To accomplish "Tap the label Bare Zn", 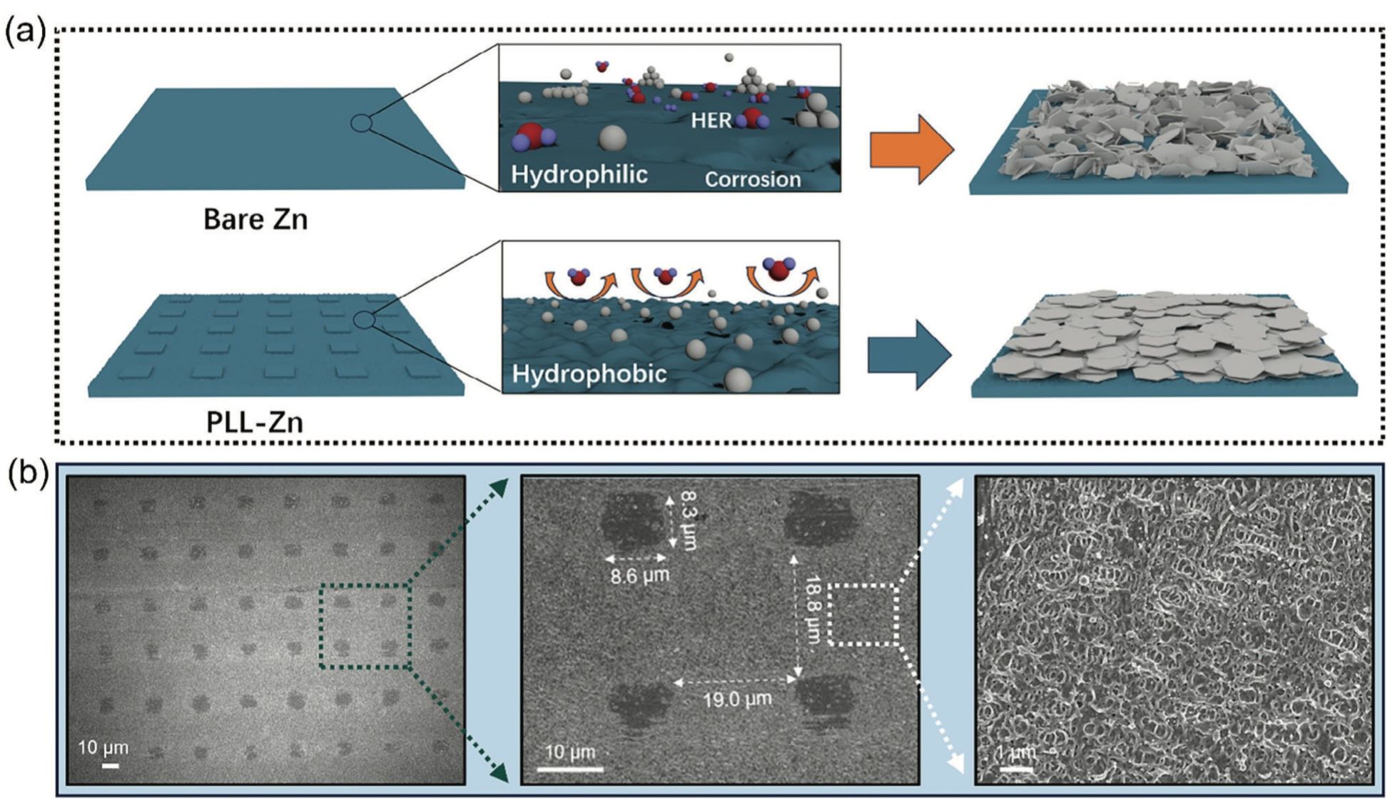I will [255, 219].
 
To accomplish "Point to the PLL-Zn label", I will [255, 422].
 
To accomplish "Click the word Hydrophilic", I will [579, 174].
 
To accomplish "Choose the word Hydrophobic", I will [589, 373].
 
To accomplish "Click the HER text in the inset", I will [711, 121].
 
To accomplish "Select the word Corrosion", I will [753, 179].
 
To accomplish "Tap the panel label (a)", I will [25, 32].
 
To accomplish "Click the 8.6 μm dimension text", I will [639, 575].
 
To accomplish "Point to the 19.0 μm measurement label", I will [737, 699].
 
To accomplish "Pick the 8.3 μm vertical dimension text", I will [687, 520].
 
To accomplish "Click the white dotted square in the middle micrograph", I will [863, 615].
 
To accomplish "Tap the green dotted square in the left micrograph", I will [365, 626].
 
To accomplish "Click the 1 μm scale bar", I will [1016, 769].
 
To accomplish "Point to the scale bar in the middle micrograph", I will [569, 769].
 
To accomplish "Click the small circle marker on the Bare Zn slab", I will [361, 123].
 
